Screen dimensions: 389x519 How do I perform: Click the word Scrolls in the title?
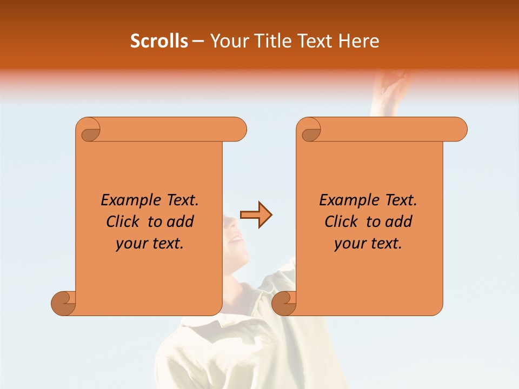click(159, 41)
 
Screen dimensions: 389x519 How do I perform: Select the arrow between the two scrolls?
click(256, 215)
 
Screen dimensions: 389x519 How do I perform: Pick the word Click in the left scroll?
click(118, 222)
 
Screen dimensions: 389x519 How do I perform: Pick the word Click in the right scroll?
click(336, 222)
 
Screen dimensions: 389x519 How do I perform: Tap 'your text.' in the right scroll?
click(368, 244)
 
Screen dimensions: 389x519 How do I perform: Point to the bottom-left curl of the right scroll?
click(284, 303)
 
